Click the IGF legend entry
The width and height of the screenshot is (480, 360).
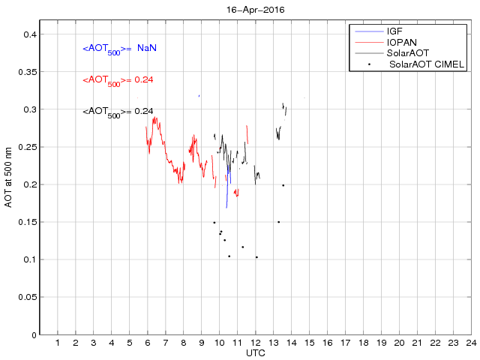(x=394, y=31)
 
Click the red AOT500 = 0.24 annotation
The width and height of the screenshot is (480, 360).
(x=118, y=79)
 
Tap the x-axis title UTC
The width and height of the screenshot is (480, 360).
(x=255, y=352)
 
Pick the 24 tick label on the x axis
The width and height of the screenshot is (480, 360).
(x=470, y=343)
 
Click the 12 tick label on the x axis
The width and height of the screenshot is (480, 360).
(x=255, y=343)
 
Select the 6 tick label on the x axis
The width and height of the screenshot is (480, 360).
(x=148, y=343)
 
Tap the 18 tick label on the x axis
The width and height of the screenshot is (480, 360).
(x=363, y=343)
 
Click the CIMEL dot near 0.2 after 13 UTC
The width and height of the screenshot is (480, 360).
(x=283, y=185)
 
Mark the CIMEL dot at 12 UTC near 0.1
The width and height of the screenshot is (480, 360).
(x=256, y=257)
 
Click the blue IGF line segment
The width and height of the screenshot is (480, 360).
(x=227, y=187)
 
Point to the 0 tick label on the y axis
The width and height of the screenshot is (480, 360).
(x=34, y=334)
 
